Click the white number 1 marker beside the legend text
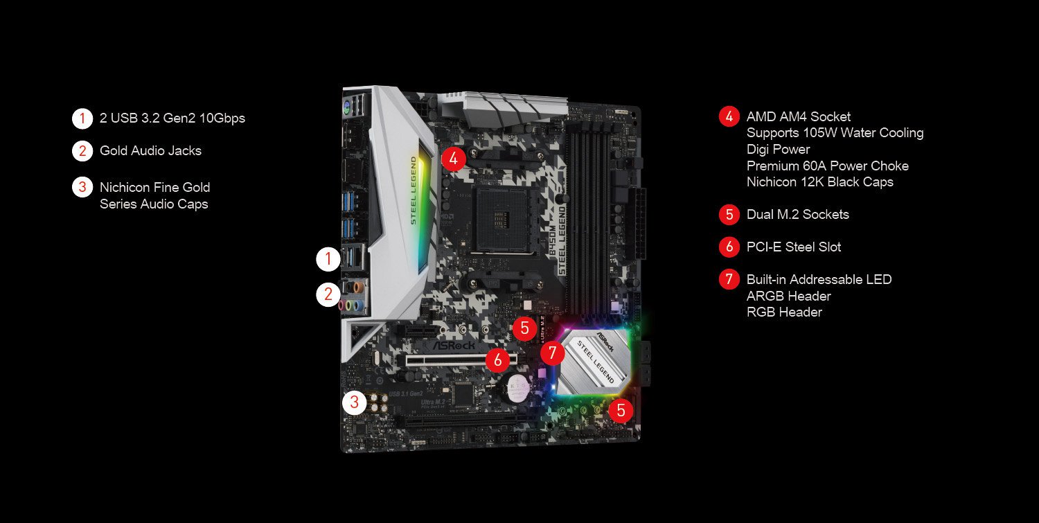tap(82, 118)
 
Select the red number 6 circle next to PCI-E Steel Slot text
tap(729, 247)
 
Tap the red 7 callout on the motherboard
tap(552, 353)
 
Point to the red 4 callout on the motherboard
tap(453, 159)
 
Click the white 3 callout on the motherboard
tap(355, 402)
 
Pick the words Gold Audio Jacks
tap(150, 150)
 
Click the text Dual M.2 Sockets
tap(797, 215)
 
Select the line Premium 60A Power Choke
tap(827, 166)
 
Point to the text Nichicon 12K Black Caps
tap(819, 182)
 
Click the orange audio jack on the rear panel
tap(357, 286)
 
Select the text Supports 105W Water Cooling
tap(835, 133)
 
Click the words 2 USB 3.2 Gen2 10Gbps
tap(172, 118)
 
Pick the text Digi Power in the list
tap(778, 150)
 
